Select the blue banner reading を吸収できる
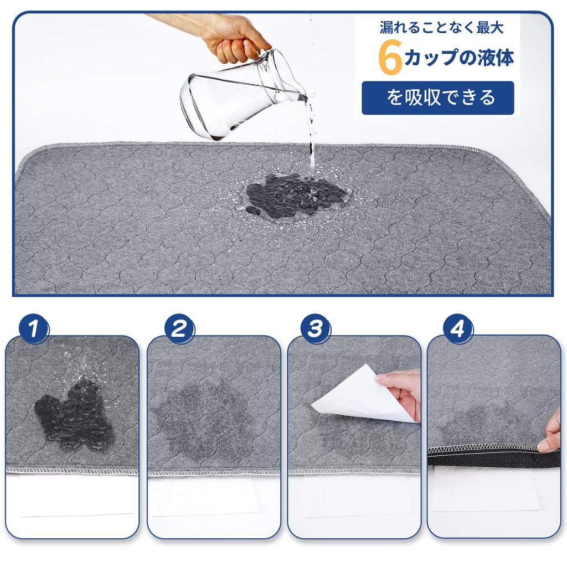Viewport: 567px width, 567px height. (437, 98)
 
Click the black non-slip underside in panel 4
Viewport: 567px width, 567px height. (482, 457)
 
